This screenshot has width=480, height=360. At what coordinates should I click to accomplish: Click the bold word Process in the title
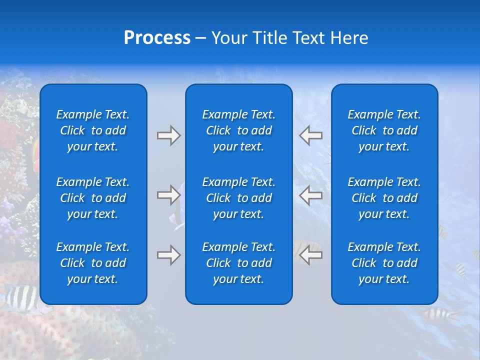coord(157,38)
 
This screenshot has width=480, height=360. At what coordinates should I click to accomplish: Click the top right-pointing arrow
coord(168,135)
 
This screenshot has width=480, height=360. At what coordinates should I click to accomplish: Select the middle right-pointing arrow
coord(168,195)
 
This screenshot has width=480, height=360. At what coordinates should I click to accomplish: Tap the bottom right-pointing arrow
coord(168,255)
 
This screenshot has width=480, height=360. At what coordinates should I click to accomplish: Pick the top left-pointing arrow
coord(311,135)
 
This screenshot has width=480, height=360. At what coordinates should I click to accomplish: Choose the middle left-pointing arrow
coord(311,195)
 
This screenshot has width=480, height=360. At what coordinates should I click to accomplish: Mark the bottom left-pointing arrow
coord(311,255)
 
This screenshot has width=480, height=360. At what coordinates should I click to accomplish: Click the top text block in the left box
coord(93,130)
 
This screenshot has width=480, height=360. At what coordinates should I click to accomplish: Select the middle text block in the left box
coord(93,198)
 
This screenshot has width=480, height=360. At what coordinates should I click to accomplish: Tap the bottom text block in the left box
coord(93,263)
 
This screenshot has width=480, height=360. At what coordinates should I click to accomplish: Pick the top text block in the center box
coord(239,130)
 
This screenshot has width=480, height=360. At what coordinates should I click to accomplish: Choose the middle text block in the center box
coord(239,198)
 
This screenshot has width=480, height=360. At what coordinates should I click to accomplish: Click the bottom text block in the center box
coord(239,263)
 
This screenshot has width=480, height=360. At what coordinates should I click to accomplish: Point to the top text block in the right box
coord(384,130)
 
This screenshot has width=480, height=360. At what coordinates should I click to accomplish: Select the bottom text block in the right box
coord(384,263)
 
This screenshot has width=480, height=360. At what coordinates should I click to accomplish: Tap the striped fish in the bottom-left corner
coord(20,296)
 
